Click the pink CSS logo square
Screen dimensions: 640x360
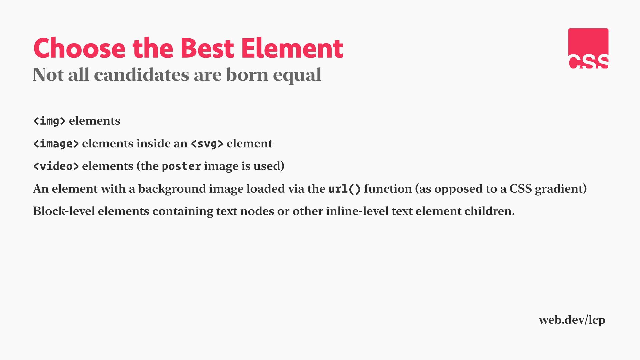(588, 48)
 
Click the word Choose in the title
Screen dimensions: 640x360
(79, 48)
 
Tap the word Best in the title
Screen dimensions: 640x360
(207, 48)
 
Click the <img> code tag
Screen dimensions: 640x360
(49, 121)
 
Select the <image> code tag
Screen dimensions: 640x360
(56, 143)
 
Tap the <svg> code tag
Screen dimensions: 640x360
(207, 144)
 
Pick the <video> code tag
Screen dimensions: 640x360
(56, 166)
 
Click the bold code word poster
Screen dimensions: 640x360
(181, 166)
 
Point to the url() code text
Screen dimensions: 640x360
(345, 189)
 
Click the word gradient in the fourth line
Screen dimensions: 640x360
(561, 189)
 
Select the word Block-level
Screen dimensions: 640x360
(64, 211)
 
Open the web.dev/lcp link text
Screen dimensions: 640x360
(572, 320)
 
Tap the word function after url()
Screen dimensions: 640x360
(388, 189)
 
